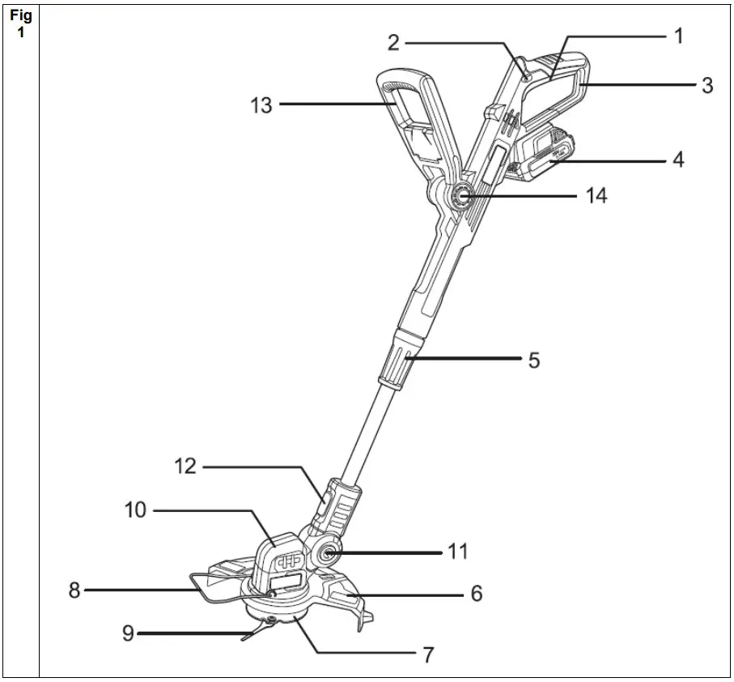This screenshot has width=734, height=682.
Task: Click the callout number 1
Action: tap(679, 36)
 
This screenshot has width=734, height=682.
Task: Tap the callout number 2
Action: tap(392, 43)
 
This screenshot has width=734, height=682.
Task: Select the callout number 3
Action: tap(706, 85)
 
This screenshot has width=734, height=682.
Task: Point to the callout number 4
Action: tap(677, 160)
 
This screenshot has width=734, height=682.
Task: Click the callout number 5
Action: tap(533, 360)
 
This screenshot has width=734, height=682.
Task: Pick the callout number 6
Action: tap(476, 594)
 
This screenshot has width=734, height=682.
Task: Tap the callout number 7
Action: tap(428, 654)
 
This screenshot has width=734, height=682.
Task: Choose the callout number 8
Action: tap(74, 590)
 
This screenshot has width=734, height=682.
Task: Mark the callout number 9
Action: tap(129, 633)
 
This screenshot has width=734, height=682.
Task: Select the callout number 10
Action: tap(134, 510)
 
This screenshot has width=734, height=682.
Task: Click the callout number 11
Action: tap(457, 552)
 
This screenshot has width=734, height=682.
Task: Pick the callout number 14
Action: tap(596, 195)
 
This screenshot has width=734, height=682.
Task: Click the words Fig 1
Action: tap(20, 25)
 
